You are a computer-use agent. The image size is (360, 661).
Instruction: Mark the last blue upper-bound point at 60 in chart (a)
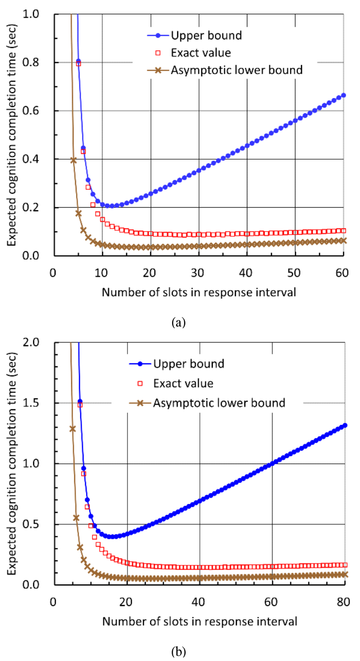(343, 95)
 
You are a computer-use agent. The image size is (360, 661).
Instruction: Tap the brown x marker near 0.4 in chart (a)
(73, 160)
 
